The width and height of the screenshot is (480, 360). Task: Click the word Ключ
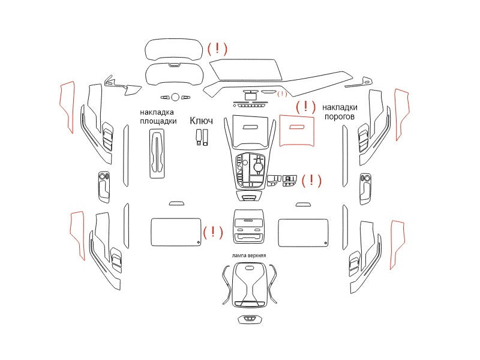201,121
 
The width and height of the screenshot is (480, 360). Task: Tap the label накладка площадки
158,116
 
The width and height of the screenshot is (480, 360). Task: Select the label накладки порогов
340,112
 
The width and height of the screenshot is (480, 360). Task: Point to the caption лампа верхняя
249,256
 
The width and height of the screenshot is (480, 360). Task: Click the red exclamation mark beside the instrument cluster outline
217,49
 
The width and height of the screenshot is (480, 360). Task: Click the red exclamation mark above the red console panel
305,106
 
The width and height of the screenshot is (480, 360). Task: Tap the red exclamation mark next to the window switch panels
311,181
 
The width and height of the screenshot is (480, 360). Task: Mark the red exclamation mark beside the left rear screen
213,232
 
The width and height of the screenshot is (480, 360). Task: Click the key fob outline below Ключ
202,137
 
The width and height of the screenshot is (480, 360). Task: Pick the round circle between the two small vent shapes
175,97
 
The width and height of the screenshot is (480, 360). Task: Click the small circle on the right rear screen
325,243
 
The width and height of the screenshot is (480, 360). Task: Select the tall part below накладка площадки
157,154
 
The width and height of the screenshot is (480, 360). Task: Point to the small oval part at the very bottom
250,320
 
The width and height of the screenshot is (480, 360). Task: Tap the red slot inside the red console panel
296,127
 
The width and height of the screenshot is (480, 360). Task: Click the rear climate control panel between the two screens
249,226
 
